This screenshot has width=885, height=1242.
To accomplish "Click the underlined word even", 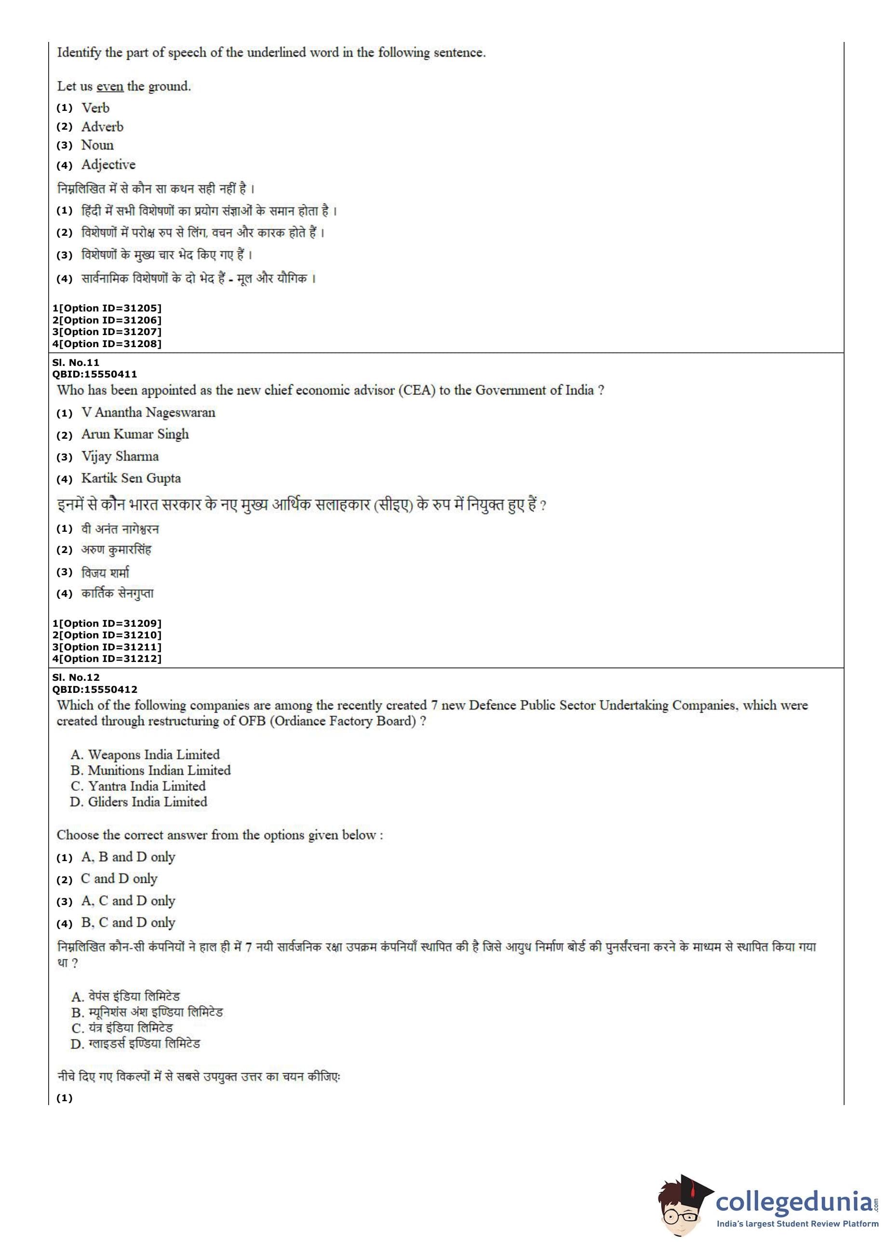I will [109, 87].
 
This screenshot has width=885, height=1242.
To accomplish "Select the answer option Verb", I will [95, 108].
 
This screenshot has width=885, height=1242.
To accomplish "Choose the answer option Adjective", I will [108, 164].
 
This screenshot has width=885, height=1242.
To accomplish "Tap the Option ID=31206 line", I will [107, 320].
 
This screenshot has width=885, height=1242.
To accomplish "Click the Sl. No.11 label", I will [76, 363].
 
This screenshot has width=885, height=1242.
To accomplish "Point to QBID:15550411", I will [94, 374].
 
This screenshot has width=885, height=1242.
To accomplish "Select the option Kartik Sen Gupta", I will [131, 478].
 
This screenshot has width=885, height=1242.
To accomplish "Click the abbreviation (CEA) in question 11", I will [417, 390].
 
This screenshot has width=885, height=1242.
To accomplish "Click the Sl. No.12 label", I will [76, 677].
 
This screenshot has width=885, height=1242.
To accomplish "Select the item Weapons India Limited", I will [153, 755].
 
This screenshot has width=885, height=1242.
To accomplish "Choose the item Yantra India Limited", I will [147, 786].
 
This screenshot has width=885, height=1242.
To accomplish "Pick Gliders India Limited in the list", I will [147, 802].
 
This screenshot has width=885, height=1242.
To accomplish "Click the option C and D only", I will [119, 878].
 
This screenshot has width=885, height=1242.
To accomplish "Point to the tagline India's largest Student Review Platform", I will [797, 1224].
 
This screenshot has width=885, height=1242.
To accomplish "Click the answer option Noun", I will [97, 145].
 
